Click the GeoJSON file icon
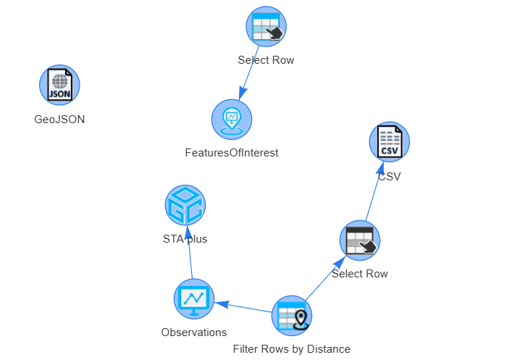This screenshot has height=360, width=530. click(x=59, y=85)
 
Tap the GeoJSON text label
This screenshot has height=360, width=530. click(x=59, y=120)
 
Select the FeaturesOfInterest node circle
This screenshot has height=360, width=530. click(x=232, y=120)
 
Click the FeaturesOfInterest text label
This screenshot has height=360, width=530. click(x=232, y=153)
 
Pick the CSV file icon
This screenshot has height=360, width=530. click(x=390, y=142)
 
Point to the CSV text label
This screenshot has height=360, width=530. click(x=390, y=176)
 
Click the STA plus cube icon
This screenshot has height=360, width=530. click(x=185, y=205)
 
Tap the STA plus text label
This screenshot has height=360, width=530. click(x=185, y=239)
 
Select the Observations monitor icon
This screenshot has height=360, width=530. click(x=194, y=299)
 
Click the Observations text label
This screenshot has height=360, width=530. click(x=194, y=332)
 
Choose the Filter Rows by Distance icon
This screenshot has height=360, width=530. click(x=292, y=316)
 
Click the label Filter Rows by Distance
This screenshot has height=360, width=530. click(x=292, y=349)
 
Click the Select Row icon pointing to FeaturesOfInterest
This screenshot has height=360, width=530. click(x=266, y=26)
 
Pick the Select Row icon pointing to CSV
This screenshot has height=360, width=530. click(x=360, y=240)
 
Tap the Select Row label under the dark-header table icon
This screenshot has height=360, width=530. click(x=360, y=274)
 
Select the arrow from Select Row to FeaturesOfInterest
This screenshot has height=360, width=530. click(x=249, y=72)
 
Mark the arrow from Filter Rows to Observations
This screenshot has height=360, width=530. click(x=243, y=307)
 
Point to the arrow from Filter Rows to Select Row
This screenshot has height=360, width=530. click(x=326, y=278)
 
